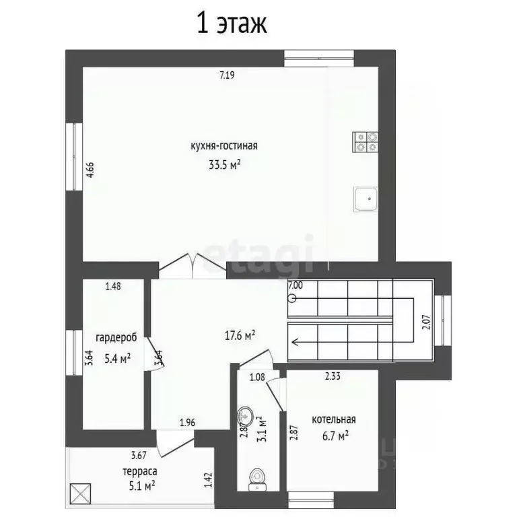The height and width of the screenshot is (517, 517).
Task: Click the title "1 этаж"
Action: (x=232, y=24)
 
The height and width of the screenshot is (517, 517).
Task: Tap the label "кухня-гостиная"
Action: (x=224, y=145)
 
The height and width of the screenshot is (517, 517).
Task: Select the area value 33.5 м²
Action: (x=224, y=164)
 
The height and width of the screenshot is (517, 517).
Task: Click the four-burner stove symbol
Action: (x=366, y=142)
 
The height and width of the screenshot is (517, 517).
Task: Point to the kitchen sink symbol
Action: (x=366, y=199)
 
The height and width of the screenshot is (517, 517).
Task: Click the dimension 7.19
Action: (x=227, y=75)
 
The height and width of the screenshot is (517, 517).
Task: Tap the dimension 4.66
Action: (x=90, y=170)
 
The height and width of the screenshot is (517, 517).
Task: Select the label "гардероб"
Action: (x=116, y=339)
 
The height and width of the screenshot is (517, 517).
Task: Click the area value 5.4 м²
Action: (x=117, y=358)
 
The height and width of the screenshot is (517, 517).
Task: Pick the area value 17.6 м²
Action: (x=240, y=336)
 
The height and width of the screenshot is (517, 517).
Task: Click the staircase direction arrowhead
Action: (x=296, y=342)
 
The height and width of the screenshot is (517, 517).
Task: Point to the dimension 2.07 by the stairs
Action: (x=427, y=323)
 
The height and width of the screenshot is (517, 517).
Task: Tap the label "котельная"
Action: (x=334, y=419)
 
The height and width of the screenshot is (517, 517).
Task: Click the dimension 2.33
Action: (x=333, y=376)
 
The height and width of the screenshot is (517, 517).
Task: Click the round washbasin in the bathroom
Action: (x=245, y=416)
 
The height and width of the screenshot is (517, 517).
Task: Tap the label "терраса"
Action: (x=140, y=472)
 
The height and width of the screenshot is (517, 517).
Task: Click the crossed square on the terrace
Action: (x=81, y=493)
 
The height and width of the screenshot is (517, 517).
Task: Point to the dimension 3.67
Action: (x=139, y=455)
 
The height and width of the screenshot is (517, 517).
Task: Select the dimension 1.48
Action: (x=113, y=286)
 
